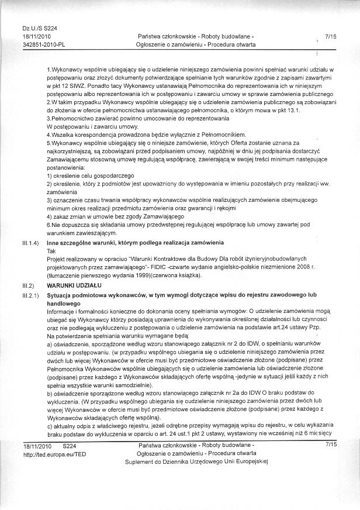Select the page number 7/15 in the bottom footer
coord(331,446)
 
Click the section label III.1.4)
coord(31,242)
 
